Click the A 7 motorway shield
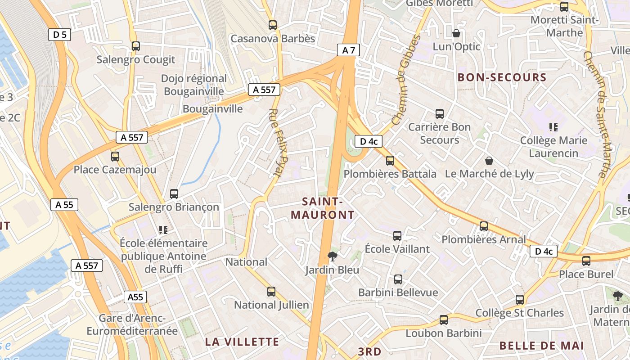pos(349,50)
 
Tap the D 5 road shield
pos(59,34)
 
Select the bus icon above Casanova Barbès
pos(273,25)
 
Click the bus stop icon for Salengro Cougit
pos(136,46)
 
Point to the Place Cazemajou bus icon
pos(115,157)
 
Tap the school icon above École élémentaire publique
pos(163,230)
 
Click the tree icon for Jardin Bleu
pos(333,256)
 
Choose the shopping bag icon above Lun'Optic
pos(456,33)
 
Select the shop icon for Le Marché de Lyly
pos(489,161)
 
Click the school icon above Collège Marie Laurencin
pos(553,127)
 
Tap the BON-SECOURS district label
pos(502,77)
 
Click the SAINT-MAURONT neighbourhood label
pos(322,208)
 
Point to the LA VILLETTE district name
pos(242,342)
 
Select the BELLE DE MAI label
pos(541,346)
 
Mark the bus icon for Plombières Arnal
pos(484,226)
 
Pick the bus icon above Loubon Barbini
pos(444,320)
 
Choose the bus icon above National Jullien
pos(271,292)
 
